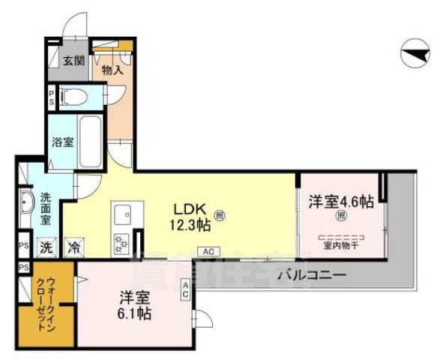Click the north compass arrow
[416, 53]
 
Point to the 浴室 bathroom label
[62, 140]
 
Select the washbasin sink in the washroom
[27, 203]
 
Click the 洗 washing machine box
[46, 246]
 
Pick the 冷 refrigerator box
[73, 246]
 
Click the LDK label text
[189, 208]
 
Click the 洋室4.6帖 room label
[341, 201]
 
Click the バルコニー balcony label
[311, 275]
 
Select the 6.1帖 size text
[135, 314]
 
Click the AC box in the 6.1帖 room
[184, 289]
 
